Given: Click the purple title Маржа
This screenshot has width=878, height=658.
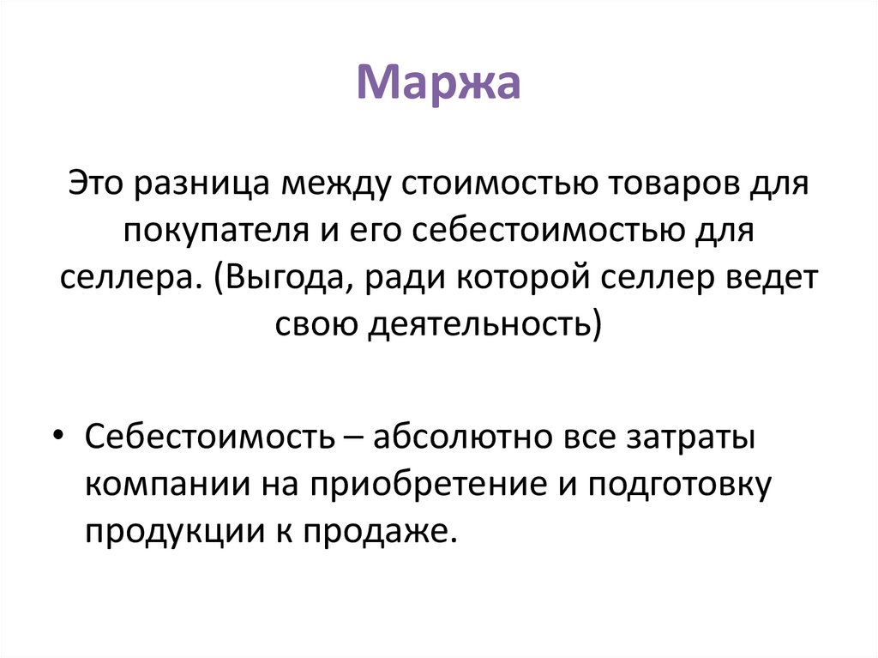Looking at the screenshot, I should [438, 85].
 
